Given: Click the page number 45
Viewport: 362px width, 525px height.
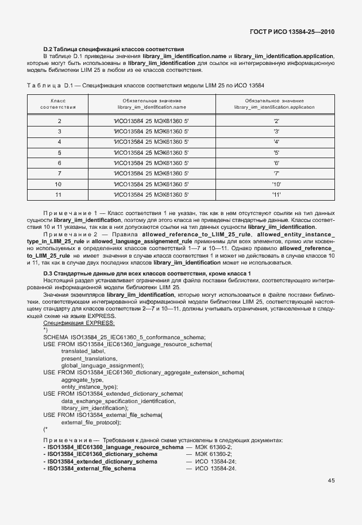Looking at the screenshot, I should click(x=332, y=481).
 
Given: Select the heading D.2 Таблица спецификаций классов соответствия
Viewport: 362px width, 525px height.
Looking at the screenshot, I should click(x=114, y=49).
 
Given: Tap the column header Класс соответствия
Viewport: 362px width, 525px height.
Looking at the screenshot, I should click(x=59, y=104).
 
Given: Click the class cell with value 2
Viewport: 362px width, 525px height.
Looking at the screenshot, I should click(x=59, y=121).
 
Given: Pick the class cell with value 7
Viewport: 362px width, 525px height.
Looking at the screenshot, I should click(x=59, y=173).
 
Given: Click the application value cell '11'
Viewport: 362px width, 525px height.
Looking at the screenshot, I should click(x=275, y=194).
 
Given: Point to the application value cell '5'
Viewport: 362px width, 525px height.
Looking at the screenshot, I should click(x=276, y=152).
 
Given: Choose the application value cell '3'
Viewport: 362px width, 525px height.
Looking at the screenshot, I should click(x=276, y=131).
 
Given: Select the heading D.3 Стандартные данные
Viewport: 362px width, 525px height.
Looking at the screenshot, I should click(x=147, y=272).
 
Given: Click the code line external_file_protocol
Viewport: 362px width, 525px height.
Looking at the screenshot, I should click(x=91, y=423).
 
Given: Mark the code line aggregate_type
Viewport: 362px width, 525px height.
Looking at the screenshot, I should click(x=82, y=380).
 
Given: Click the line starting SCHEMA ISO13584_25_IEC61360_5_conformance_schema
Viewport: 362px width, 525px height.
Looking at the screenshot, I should click(x=124, y=337).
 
